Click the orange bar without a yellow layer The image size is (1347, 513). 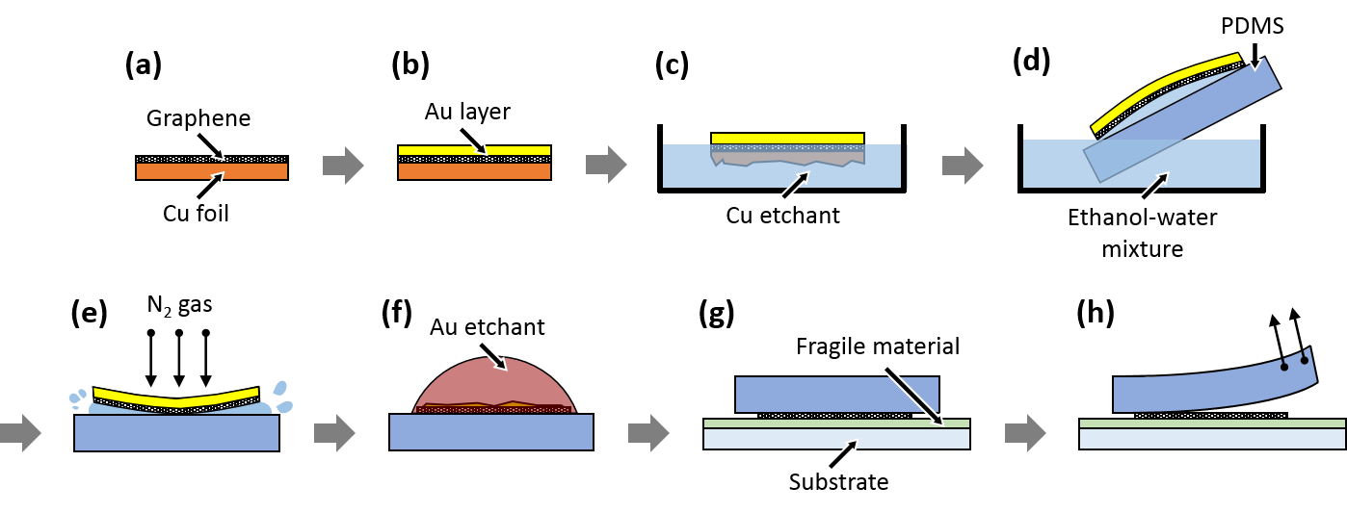[x=212, y=171]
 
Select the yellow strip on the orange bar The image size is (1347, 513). [x=474, y=150]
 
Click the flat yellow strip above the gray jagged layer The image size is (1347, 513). [x=787, y=139]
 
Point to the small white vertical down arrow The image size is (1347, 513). [x=1254, y=55]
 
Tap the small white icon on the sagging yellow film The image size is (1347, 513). [x=177, y=390]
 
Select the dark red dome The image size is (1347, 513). [x=493, y=385]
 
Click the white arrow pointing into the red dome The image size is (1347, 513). [x=491, y=355]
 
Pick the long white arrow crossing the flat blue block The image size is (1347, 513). [x=912, y=395]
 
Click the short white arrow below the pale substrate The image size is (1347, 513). [x=841, y=455]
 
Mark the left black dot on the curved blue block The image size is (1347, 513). [x=1283, y=367]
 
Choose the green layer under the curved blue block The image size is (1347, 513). [x=1211, y=423]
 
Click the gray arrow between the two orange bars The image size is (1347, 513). [x=343, y=166]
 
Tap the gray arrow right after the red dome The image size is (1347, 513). [x=648, y=433]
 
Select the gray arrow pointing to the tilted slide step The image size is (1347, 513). [x=963, y=166]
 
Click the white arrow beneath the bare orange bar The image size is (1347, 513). [x=208, y=188]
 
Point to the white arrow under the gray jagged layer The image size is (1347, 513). [x=794, y=187]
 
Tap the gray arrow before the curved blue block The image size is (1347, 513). [x=1025, y=433]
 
